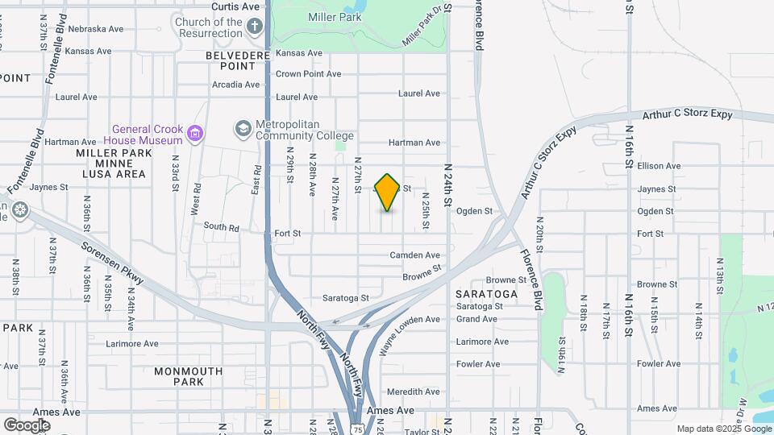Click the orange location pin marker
(x=387, y=193)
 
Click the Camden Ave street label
(x=414, y=255)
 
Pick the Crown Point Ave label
(x=308, y=74)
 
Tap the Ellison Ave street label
(x=659, y=166)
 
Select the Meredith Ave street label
(x=413, y=391)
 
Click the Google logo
(x=27, y=424)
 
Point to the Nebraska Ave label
(x=95, y=29)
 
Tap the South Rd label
(x=222, y=228)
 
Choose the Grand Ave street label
(x=476, y=319)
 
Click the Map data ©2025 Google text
(x=723, y=429)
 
